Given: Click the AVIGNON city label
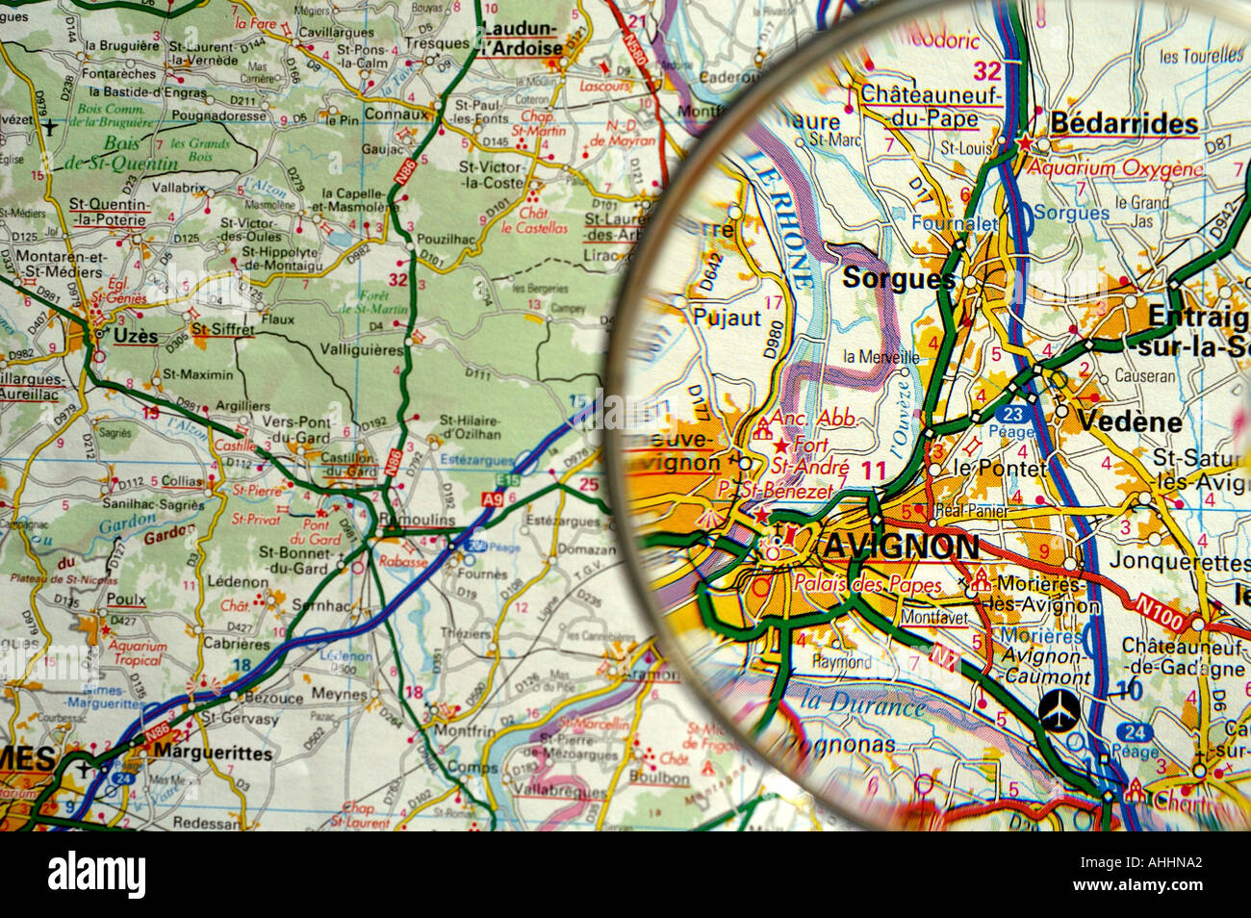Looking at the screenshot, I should (x=901, y=548).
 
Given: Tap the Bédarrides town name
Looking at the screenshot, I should (x=1124, y=123).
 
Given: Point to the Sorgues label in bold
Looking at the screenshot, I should (x=898, y=279).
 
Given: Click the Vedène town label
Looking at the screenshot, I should (x=1115, y=421).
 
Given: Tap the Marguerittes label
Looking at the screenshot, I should (x=213, y=752).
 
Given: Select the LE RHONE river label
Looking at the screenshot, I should (x=780, y=220).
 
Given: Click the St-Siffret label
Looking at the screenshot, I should (x=222, y=330).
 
